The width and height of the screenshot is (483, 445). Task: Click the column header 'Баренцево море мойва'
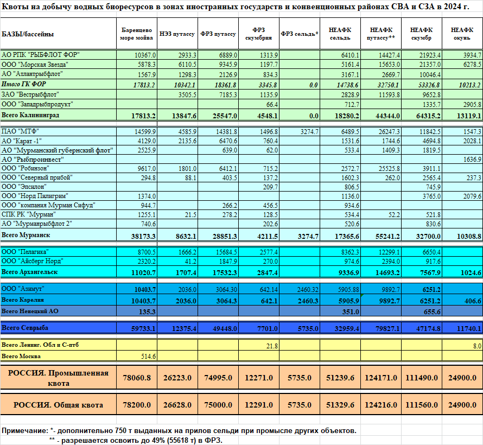pyautogui.click(x=136, y=34)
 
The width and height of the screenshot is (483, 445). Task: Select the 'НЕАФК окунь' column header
pyautogui.click(x=462, y=34)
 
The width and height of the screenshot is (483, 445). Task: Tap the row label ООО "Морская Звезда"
pyautogui.click(x=35, y=65)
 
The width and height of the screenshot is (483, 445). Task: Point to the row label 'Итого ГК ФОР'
pyautogui.click(x=24, y=84)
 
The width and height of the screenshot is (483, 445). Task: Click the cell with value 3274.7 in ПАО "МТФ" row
pyautogui.click(x=309, y=132)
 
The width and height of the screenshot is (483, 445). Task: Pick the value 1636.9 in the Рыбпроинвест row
pyautogui.click(x=472, y=160)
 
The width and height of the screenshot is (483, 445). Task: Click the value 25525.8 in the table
pyautogui.click(x=389, y=169)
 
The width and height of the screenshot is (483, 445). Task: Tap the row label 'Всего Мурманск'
pyautogui.click(x=26, y=235)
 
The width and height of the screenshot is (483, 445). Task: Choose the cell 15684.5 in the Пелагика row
pyautogui.click(x=226, y=252)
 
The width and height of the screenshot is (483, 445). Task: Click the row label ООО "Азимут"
pyautogui.click(x=23, y=289)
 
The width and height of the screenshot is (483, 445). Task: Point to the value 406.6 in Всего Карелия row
pyautogui.click(x=473, y=301)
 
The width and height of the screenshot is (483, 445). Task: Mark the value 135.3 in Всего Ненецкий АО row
pyautogui.click(x=147, y=311)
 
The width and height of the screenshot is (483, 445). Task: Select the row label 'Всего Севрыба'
pyautogui.click(x=25, y=328)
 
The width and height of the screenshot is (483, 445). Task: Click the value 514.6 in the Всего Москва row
pyautogui.click(x=149, y=357)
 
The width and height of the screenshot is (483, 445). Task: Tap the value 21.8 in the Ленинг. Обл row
pyautogui.click(x=272, y=346)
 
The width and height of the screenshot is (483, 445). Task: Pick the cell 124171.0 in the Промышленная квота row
pyautogui.click(x=381, y=378)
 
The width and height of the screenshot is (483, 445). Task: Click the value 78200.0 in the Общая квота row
pyautogui.click(x=137, y=405)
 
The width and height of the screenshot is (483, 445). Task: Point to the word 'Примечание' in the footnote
pyautogui.click(x=25, y=430)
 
